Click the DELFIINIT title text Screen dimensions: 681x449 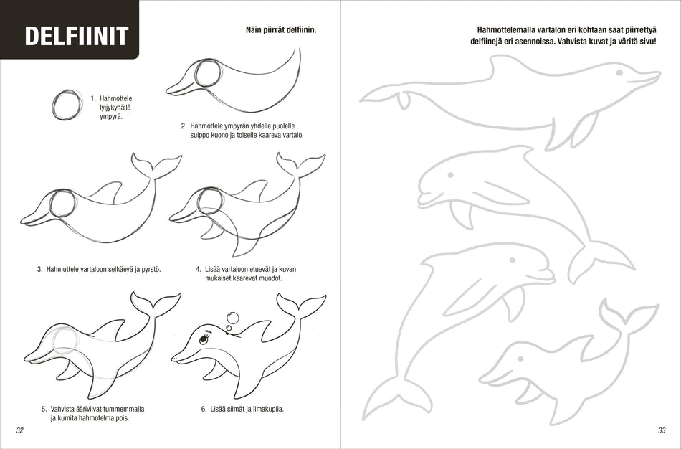(77, 36)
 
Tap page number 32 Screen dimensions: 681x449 (19, 430)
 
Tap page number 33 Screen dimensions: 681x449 (662, 430)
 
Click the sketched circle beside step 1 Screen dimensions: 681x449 (67, 105)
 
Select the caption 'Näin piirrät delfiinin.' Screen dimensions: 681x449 (281, 30)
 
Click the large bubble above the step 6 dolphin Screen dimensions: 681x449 (233, 318)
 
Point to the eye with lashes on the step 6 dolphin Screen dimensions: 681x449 (204, 339)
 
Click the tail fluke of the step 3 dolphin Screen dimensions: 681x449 (156, 165)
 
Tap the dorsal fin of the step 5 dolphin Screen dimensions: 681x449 (114, 329)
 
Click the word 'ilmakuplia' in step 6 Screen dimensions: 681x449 (268, 409)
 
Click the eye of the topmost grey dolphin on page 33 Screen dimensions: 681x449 (619, 72)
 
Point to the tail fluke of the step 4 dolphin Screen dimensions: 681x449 (301, 165)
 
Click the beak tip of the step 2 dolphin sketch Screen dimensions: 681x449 (168, 91)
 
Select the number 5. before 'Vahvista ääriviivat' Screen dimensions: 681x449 (44, 409)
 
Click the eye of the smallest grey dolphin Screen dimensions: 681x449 (520, 359)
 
